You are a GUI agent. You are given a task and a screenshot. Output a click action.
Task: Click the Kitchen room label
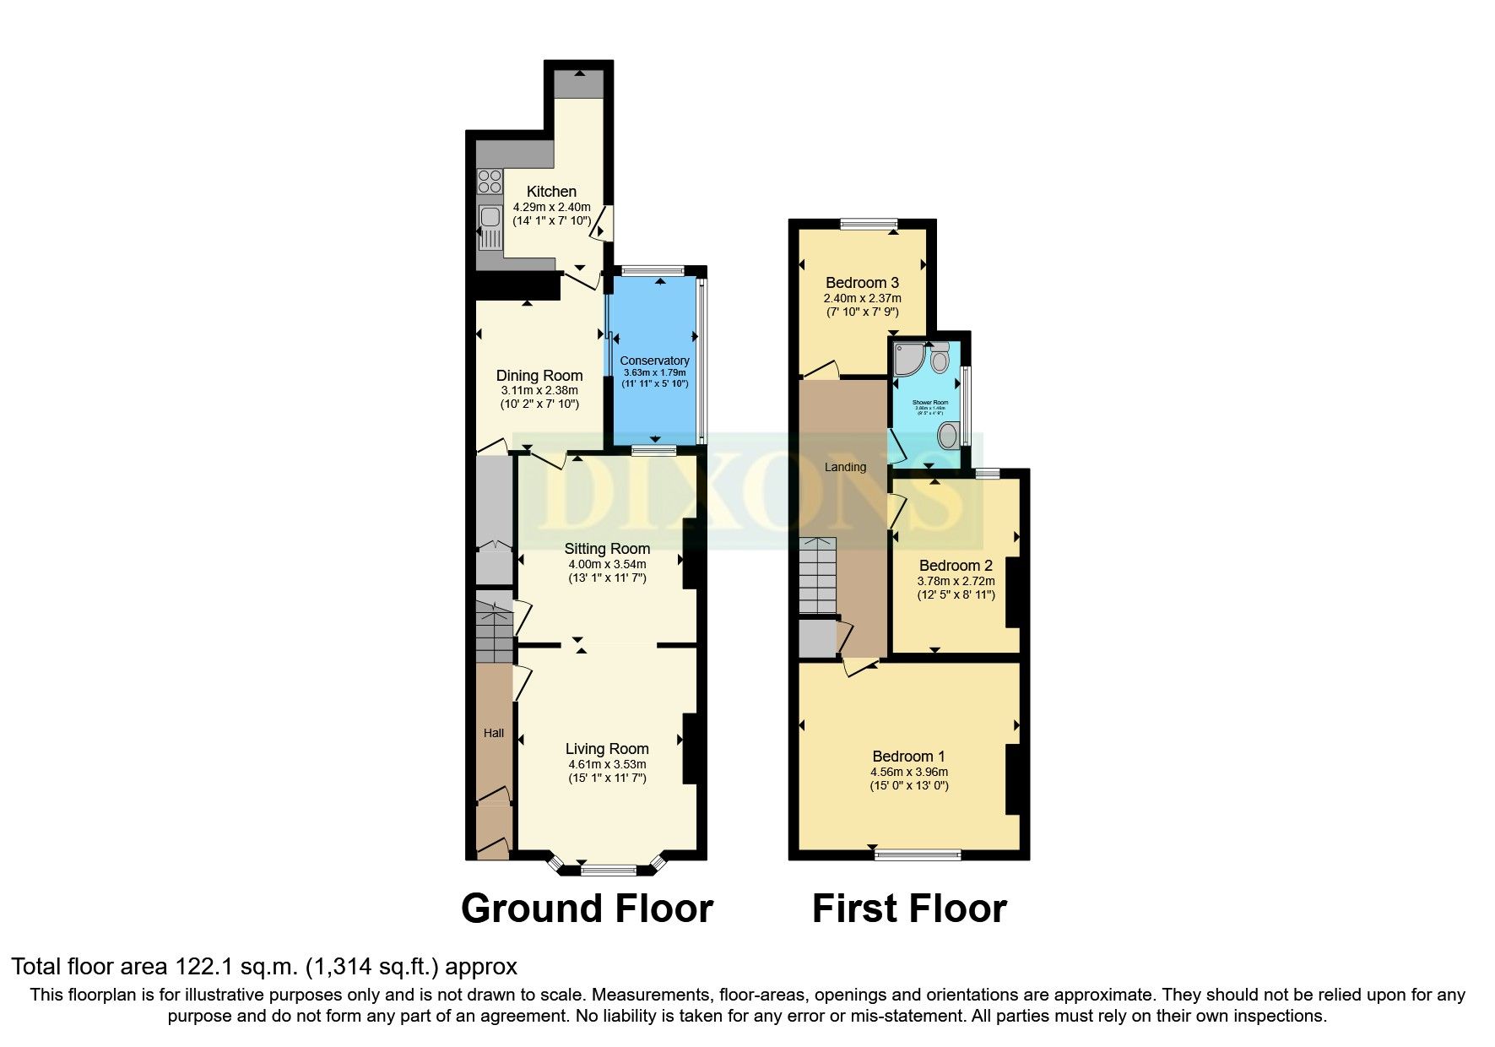tap(551, 192)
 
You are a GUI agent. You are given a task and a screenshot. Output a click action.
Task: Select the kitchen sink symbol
tap(490, 226)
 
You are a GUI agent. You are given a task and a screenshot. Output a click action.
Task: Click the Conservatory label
tap(654, 361)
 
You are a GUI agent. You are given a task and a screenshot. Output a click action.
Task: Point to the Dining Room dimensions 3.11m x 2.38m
tap(539, 391)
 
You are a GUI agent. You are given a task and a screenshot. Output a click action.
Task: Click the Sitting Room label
tap(607, 549)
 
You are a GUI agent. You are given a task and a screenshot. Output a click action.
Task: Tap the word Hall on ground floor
tap(494, 733)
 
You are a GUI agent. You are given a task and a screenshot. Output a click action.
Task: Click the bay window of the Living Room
tap(607, 868)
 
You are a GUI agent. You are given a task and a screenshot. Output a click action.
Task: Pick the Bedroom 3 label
tap(862, 283)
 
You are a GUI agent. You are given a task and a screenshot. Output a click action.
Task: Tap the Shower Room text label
tap(929, 403)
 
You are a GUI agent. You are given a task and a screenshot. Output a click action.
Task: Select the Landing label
tap(845, 467)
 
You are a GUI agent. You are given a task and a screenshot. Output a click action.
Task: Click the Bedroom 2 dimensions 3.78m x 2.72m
tap(956, 581)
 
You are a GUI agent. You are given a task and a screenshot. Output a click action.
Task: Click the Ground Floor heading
tap(587, 909)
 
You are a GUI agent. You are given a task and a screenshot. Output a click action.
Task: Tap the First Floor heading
tap(909, 909)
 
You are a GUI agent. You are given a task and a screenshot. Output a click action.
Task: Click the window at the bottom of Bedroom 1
tap(918, 854)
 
